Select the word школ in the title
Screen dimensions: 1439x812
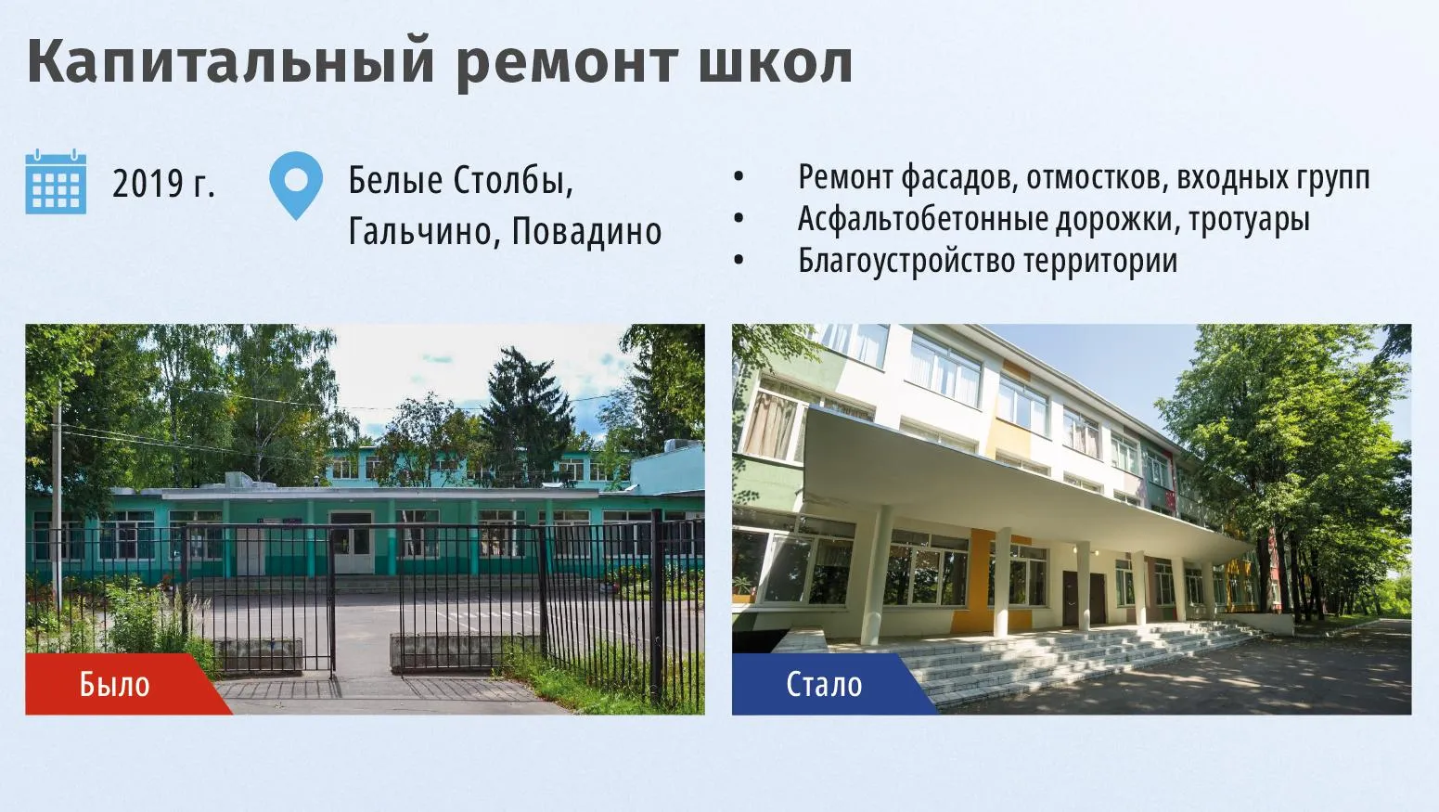[x=776, y=63]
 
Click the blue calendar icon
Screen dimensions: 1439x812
[x=56, y=182]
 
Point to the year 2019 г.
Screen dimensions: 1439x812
[x=163, y=184]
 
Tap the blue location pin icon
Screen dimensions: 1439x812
[x=296, y=185]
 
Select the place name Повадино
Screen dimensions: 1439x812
[x=586, y=231]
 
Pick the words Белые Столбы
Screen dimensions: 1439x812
[x=460, y=180]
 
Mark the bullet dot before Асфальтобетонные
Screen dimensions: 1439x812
[x=739, y=218]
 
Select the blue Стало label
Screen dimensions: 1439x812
[x=824, y=684]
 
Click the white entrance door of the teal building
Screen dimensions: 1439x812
[x=351, y=543]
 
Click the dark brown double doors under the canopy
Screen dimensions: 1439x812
[x=1084, y=599]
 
